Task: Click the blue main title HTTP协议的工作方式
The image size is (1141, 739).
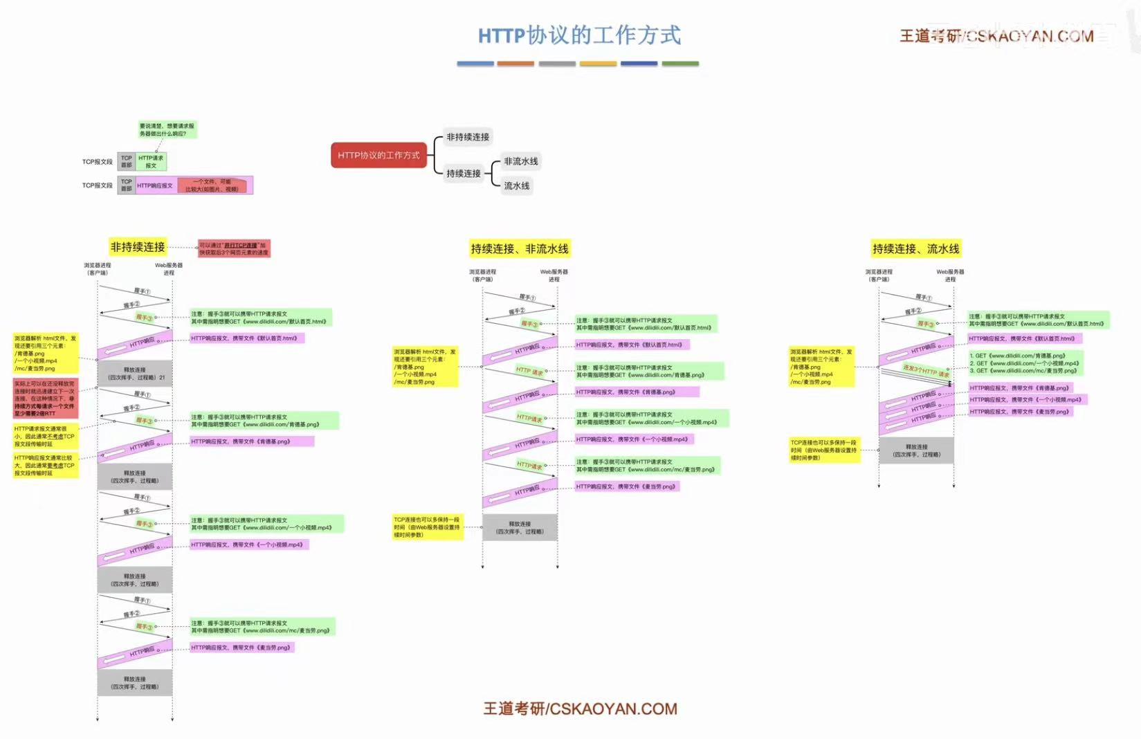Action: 579,35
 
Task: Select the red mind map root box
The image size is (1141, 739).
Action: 378,155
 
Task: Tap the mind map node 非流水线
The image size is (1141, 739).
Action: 520,161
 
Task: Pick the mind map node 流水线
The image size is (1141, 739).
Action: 516,185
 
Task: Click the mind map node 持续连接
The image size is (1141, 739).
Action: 464,173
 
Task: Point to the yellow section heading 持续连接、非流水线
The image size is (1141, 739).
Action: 520,248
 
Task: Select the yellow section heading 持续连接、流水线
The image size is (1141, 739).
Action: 915,248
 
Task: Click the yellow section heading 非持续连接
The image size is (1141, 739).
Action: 138,247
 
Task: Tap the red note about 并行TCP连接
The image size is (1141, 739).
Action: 233,248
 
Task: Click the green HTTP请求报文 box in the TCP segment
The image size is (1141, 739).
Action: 151,162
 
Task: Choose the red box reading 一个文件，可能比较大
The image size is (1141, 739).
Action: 212,185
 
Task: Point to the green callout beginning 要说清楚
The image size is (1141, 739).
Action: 167,129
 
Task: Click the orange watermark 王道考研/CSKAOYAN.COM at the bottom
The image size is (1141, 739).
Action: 580,709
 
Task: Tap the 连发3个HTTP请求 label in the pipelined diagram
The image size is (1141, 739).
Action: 926,371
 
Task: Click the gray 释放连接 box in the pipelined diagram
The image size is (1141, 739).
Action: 916,450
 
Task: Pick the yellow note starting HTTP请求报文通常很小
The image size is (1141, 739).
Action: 44,437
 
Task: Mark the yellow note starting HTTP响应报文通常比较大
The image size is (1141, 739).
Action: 44,466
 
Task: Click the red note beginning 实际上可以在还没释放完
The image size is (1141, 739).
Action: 45,398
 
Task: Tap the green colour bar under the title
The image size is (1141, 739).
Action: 680,64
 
